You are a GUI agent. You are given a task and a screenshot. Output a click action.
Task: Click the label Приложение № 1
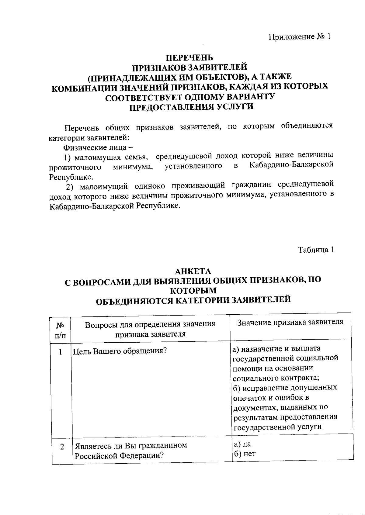tap(299, 37)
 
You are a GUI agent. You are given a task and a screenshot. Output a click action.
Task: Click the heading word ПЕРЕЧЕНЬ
tap(189, 58)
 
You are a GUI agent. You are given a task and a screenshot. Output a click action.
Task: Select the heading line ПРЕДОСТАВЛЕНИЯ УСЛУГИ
tap(192, 107)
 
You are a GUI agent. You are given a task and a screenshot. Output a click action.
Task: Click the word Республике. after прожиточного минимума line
tap(71, 177)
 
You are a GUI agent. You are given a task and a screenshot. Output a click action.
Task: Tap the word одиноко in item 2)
tap(150, 186)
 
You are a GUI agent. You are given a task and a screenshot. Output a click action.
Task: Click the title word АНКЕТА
tap(193, 271)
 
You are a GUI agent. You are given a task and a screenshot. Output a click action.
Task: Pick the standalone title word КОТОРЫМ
tap(193, 290)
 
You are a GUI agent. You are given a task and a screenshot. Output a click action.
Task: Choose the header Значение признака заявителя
tap(290, 322)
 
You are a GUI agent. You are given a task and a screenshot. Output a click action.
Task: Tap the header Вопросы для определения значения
tap(150, 324)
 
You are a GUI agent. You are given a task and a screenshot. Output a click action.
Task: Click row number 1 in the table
tap(61, 352)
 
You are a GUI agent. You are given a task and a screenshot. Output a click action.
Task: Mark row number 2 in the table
tap(62, 447)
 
